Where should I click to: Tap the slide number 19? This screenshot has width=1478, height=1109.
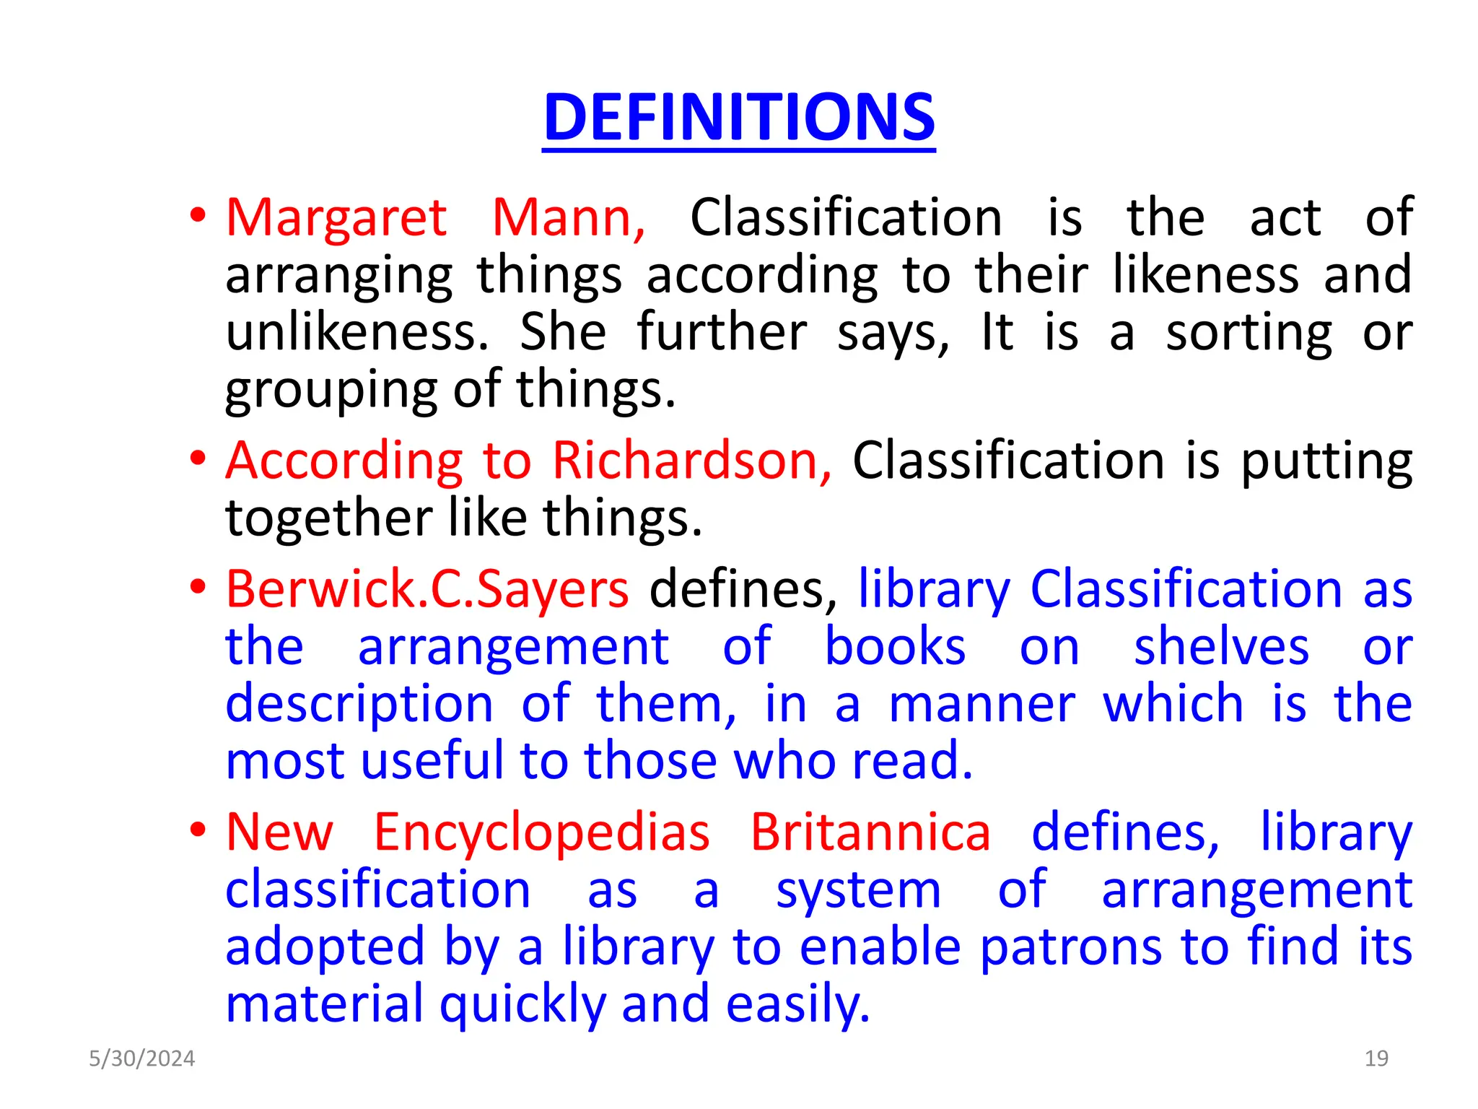(1376, 1058)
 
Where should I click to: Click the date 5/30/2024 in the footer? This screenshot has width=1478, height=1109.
(141, 1058)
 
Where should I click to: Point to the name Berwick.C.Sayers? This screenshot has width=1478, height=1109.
(427, 589)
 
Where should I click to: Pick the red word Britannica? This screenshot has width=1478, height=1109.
(870, 832)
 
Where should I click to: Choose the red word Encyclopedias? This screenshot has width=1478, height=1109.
(541, 832)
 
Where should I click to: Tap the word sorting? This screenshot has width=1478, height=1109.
(1249, 334)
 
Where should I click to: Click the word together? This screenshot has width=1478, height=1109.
(328, 518)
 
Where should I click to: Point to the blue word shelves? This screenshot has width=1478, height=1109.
(1221, 646)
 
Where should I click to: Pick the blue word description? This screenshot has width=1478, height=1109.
(359, 705)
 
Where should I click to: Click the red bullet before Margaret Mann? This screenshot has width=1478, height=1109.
(198, 216)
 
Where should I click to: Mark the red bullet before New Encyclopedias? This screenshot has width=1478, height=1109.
(198, 831)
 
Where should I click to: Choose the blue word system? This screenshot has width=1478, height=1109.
(858, 891)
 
